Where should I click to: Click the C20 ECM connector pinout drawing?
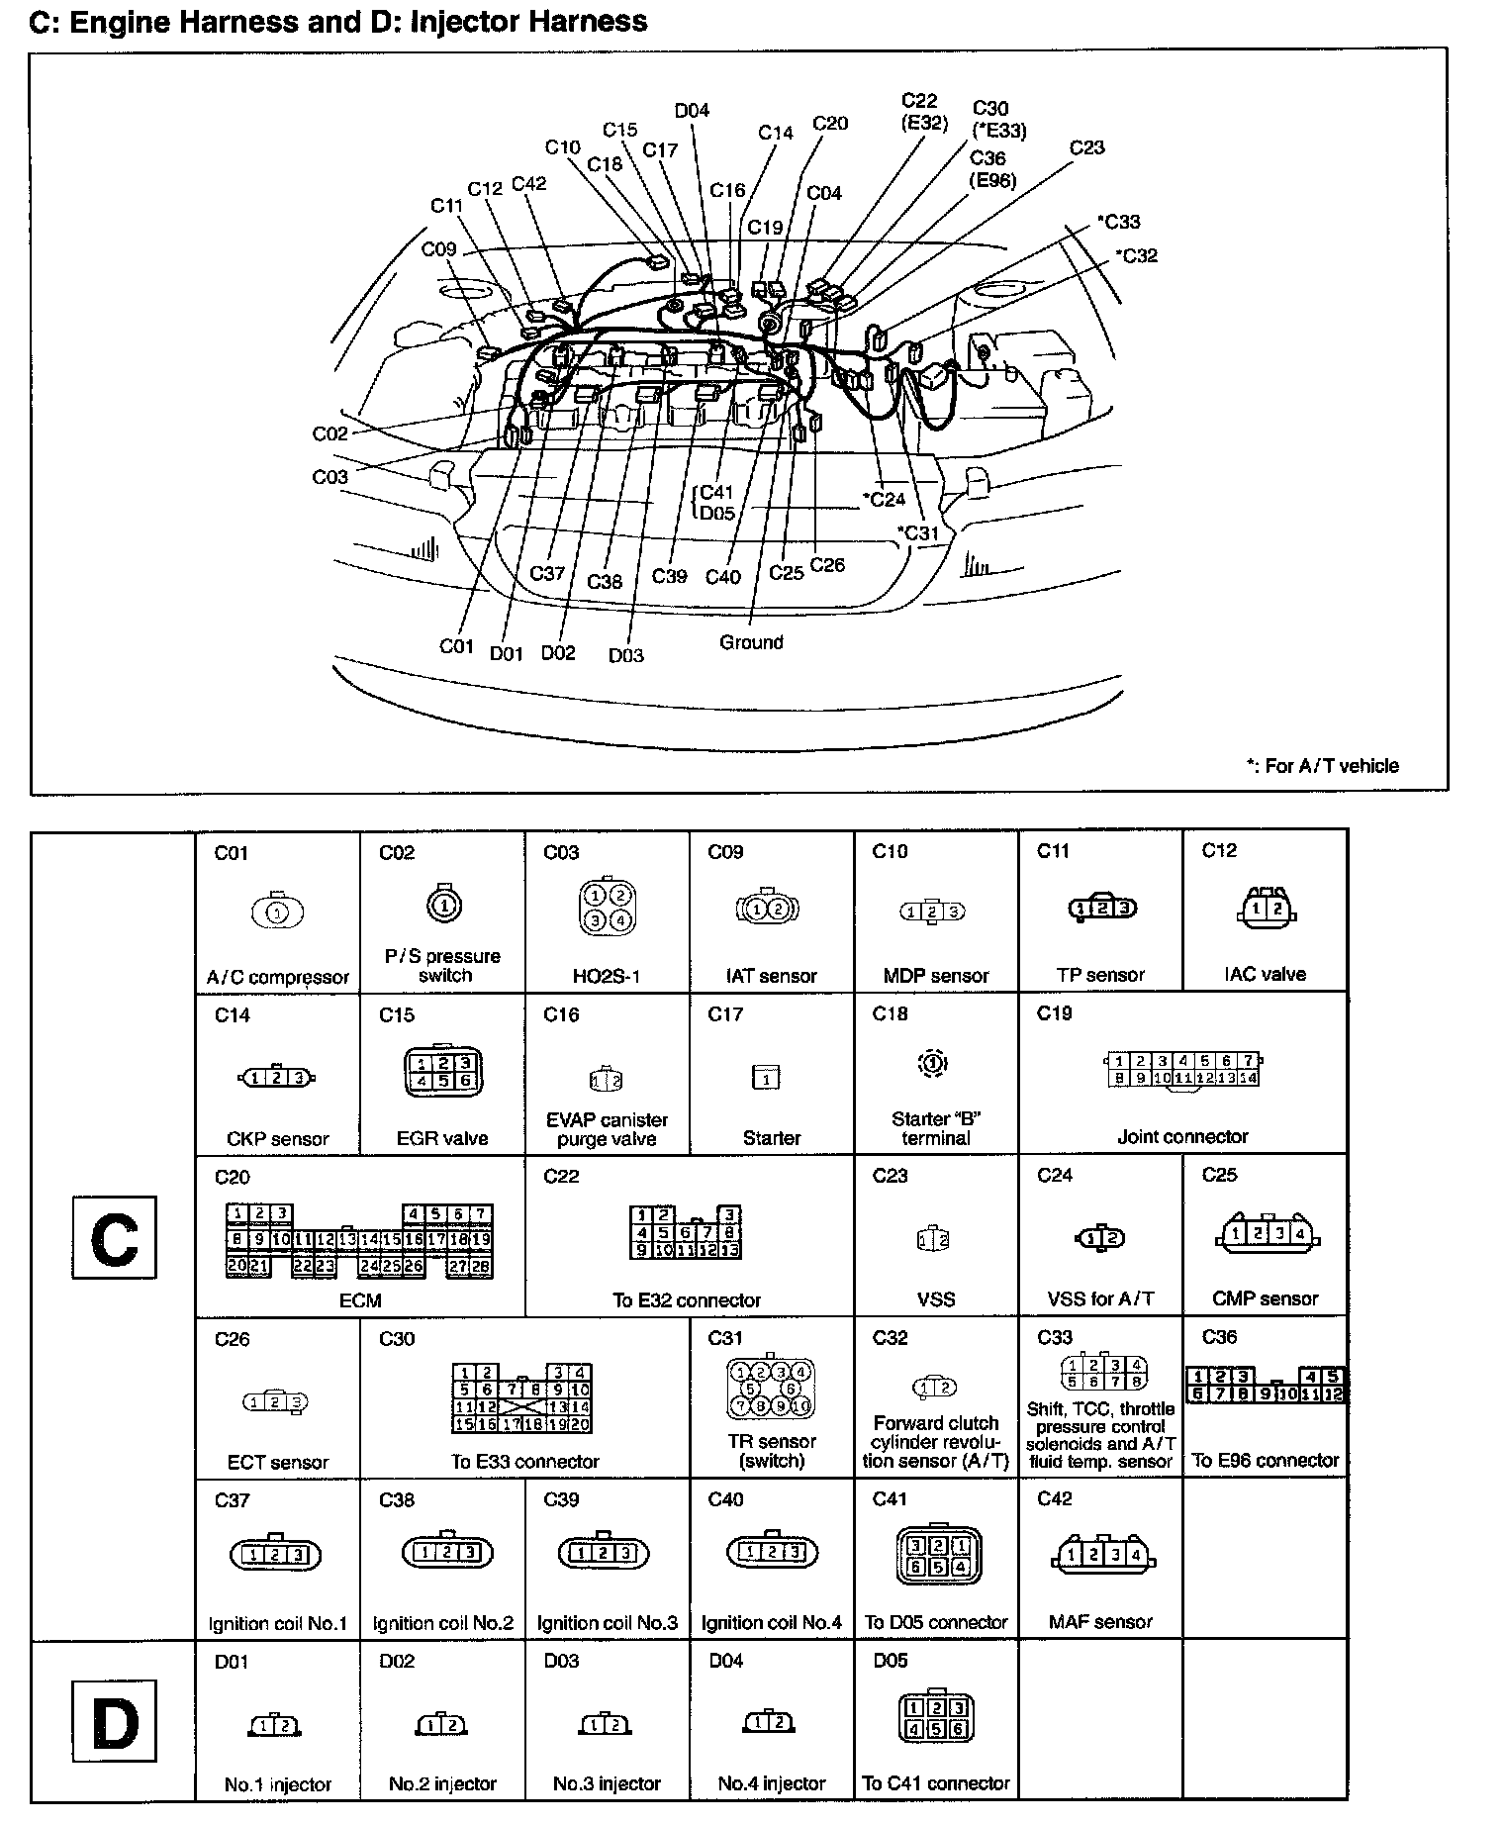pos(359,1239)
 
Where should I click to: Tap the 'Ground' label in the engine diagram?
pos(751,642)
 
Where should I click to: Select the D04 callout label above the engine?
pos(692,111)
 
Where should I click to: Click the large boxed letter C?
pos(114,1237)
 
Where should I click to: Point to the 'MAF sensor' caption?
pos(1100,1622)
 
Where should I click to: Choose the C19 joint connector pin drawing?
pos(1182,1070)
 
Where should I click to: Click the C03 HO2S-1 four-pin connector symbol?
pos(607,908)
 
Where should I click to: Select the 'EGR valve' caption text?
pos(442,1138)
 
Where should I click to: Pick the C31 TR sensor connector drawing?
pos(771,1388)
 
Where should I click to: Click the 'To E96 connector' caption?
pos(1265,1460)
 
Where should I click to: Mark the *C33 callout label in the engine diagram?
pos(1118,222)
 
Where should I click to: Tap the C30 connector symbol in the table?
pos(522,1398)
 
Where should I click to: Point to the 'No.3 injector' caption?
pos(607,1783)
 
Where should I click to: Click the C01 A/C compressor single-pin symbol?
pos(278,912)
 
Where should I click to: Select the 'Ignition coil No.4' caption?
pos(771,1623)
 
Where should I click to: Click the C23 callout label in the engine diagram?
pos(1086,147)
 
